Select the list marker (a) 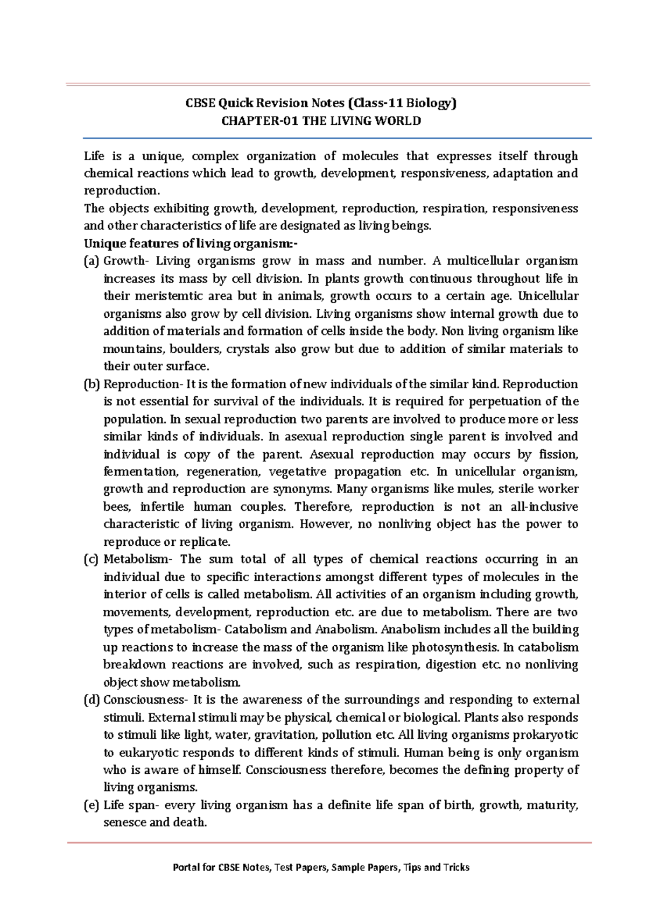(x=92, y=261)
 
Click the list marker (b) (x=92, y=384)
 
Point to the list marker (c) (x=92, y=560)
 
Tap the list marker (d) (x=92, y=700)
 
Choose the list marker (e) (x=92, y=805)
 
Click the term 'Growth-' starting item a (x=125, y=261)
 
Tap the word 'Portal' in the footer (x=186, y=867)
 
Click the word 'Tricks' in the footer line (x=457, y=867)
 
